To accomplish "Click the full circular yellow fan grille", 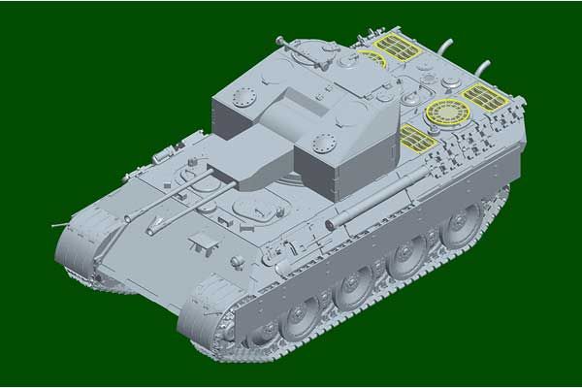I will [x=447, y=112].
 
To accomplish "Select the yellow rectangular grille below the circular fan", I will [x=418, y=138].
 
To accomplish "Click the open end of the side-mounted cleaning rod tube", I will [x=330, y=225].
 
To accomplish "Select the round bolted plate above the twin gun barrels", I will [x=242, y=96].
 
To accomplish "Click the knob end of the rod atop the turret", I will [x=280, y=42].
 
